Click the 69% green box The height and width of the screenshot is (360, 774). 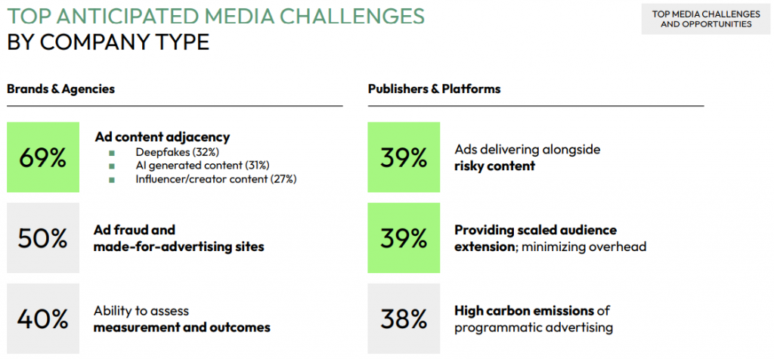tap(43, 157)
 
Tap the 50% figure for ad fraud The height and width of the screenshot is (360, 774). tap(43, 237)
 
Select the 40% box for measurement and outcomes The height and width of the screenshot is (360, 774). tap(43, 318)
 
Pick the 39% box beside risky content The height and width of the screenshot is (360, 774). tap(404, 157)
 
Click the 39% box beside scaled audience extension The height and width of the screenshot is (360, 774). tap(404, 237)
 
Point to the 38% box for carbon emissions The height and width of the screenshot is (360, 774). tap(404, 318)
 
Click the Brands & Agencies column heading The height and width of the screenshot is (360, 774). tap(61, 89)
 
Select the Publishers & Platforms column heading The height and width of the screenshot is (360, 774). tap(434, 89)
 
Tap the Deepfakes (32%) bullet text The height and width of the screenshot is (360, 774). tap(176, 151)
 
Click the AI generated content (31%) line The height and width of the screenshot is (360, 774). tap(203, 165)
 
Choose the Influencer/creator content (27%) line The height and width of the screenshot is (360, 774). tap(215, 179)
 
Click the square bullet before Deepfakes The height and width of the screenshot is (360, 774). tap(112, 152)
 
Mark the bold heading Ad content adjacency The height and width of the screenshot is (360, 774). tap(162, 137)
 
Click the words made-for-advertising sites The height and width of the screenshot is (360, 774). tap(179, 247)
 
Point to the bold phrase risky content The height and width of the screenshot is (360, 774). tap(494, 166)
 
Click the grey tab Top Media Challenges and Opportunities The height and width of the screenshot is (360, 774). tap(705, 19)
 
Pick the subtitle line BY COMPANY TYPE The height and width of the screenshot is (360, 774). tap(108, 42)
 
